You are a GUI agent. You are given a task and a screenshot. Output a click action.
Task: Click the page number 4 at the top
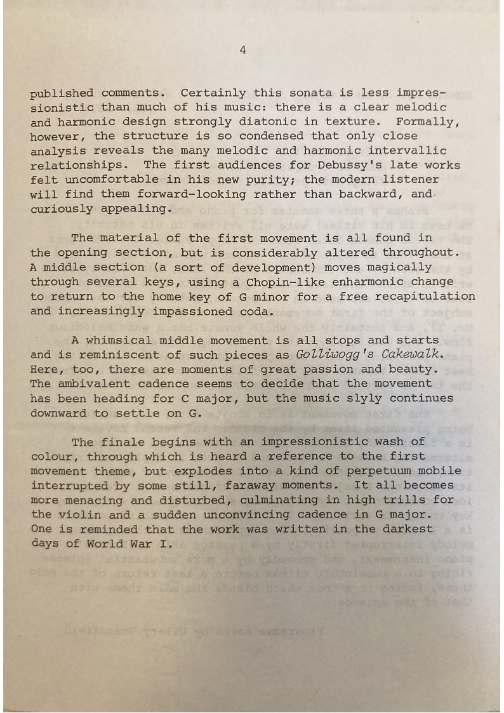click(243, 50)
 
